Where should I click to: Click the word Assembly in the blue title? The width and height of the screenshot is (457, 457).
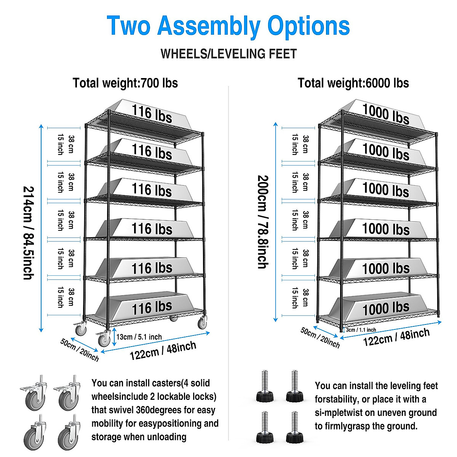tap(209, 26)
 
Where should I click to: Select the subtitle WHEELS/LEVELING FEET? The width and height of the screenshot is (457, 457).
tap(228, 54)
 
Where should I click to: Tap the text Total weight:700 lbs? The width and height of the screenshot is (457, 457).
tap(125, 83)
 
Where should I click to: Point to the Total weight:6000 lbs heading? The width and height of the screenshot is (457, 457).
tap(353, 83)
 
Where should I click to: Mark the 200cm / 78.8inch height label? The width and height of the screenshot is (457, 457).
tap(263, 222)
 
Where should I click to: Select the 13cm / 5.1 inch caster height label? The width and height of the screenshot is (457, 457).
tap(139, 337)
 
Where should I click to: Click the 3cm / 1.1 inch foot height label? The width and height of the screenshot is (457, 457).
tap(361, 330)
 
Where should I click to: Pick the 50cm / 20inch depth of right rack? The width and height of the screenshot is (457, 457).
tap(320, 337)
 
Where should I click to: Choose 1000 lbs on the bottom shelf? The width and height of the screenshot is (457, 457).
tap(385, 308)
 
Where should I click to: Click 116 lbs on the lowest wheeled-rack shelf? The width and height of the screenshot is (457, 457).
tap(152, 307)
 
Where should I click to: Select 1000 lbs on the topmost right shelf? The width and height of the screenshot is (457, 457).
tap(385, 113)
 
